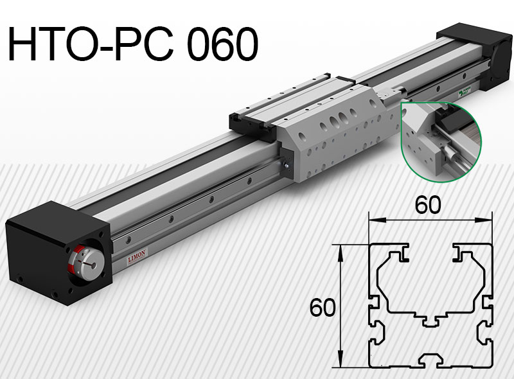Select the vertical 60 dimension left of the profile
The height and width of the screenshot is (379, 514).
point(322,308)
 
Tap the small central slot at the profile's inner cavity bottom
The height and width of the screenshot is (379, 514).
point(430,319)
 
